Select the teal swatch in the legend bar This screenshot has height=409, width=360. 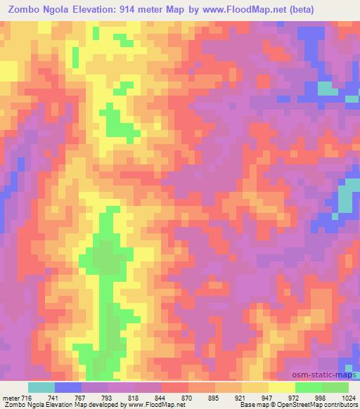click(41, 387)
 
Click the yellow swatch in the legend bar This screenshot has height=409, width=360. click(281, 387)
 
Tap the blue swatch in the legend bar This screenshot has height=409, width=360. click(68, 387)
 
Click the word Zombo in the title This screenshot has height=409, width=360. click(21, 8)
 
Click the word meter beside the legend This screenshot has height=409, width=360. click(12, 397)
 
